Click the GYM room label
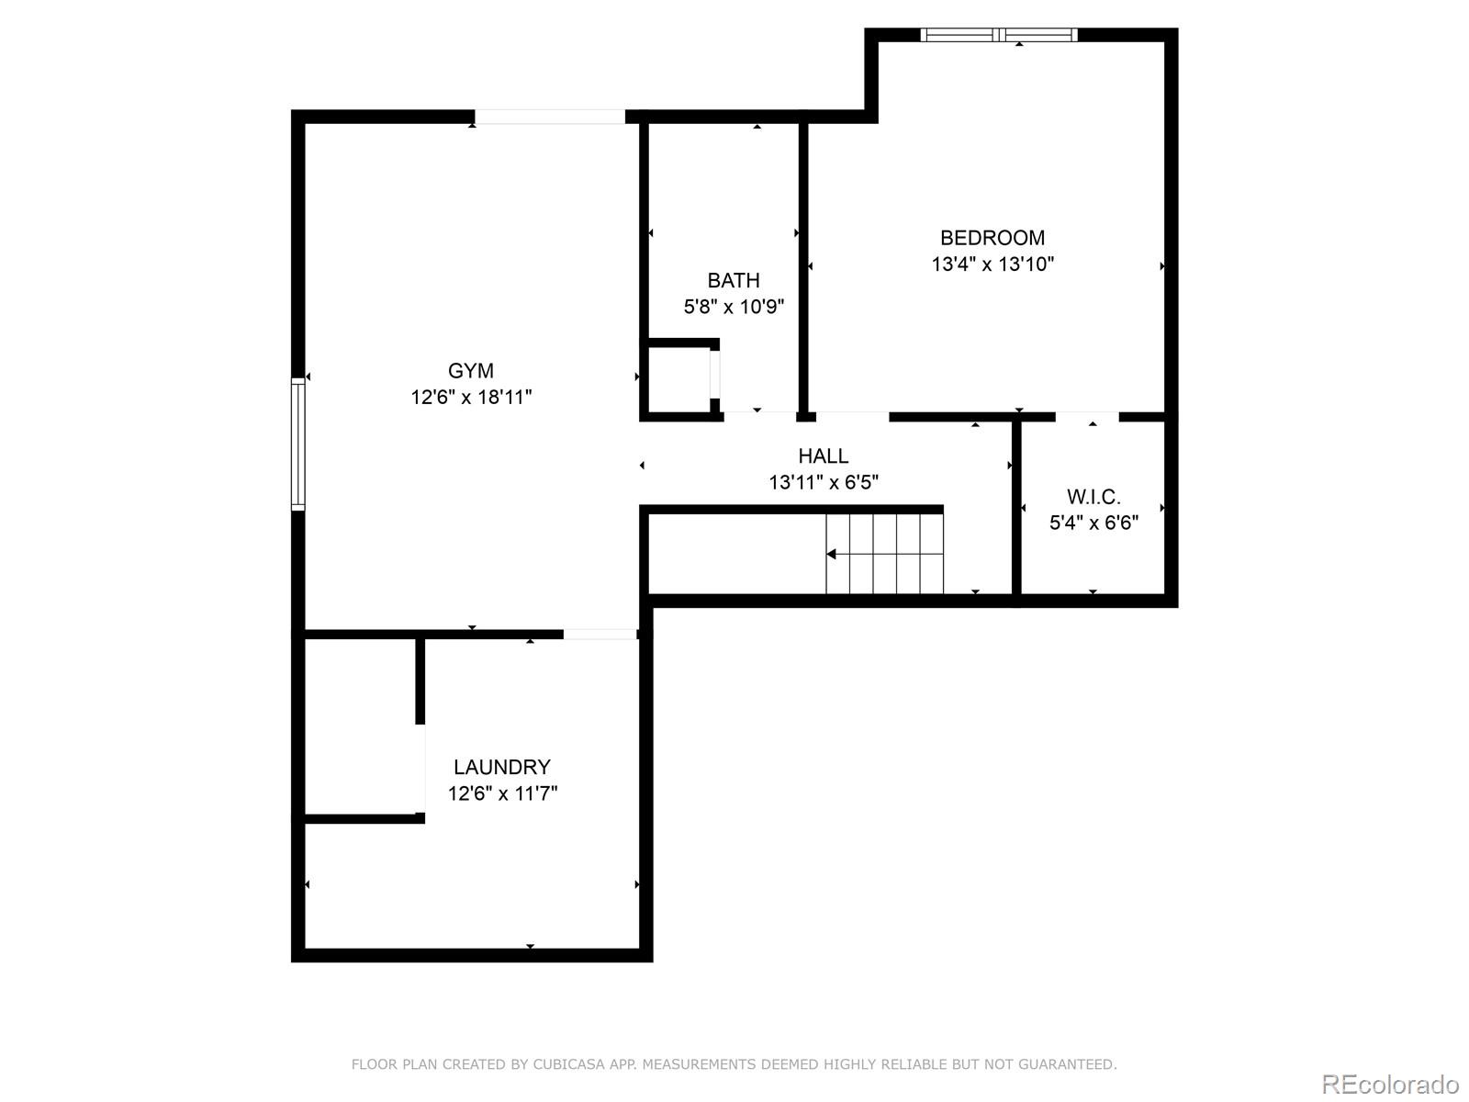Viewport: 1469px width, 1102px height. click(x=470, y=371)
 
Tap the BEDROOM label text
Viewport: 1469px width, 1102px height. click(x=992, y=238)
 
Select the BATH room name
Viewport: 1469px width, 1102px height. click(x=733, y=281)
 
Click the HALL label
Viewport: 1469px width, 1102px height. click(x=823, y=456)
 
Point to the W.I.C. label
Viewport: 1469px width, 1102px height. click(x=1093, y=498)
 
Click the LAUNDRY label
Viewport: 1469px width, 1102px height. click(x=501, y=767)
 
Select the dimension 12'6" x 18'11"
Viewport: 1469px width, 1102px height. click(x=471, y=398)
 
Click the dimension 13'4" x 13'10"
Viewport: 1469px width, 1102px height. click(x=992, y=264)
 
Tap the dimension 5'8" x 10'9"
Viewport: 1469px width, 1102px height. click(x=734, y=307)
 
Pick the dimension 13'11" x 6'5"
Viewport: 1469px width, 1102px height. click(x=824, y=482)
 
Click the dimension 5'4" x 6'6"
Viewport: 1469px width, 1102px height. click(x=1093, y=523)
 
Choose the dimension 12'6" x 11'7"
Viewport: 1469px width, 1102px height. click(x=502, y=793)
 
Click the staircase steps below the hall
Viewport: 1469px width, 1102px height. click(x=885, y=554)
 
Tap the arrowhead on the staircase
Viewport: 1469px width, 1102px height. click(x=831, y=554)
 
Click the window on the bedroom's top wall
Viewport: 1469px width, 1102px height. click(x=998, y=36)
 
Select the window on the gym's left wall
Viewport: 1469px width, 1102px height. click(x=297, y=444)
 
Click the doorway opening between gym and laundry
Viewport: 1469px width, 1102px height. click(x=600, y=634)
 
